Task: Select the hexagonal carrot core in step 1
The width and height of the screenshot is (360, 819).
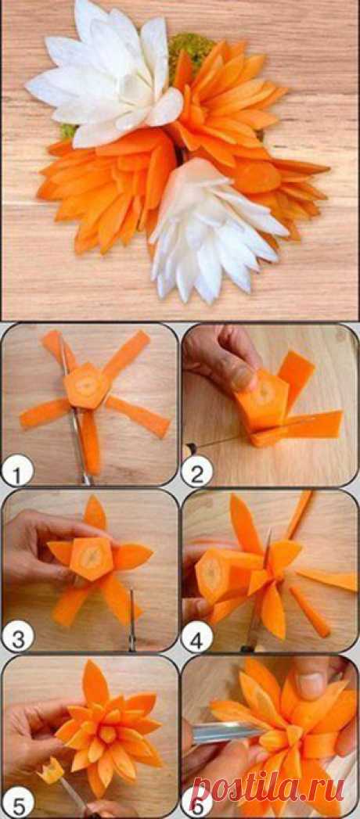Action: coord(87,386)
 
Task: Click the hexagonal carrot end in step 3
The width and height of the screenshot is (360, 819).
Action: coord(92,559)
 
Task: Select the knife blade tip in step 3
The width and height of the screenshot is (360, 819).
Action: coord(131,592)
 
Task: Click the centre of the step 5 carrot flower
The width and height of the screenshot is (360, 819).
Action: coord(108,735)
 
